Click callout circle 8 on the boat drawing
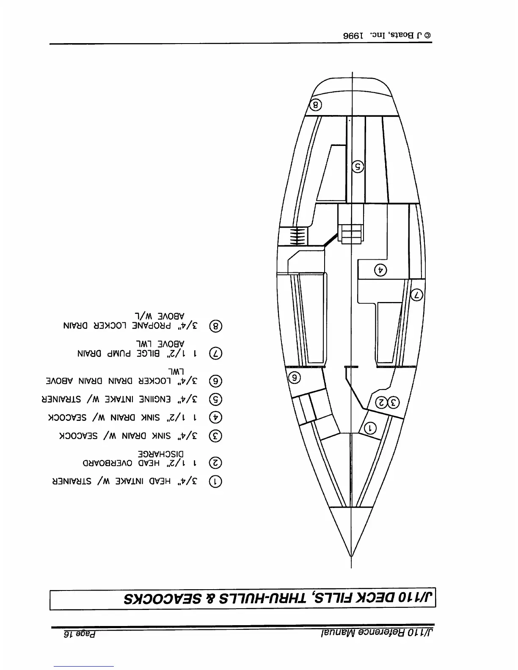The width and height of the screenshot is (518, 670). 317,104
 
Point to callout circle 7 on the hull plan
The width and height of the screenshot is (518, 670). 417,294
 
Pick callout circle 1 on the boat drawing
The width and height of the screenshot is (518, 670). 370,428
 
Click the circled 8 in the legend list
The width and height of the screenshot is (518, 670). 216,327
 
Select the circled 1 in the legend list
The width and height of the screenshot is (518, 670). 216,481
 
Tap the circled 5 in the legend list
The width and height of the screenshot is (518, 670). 216,399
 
